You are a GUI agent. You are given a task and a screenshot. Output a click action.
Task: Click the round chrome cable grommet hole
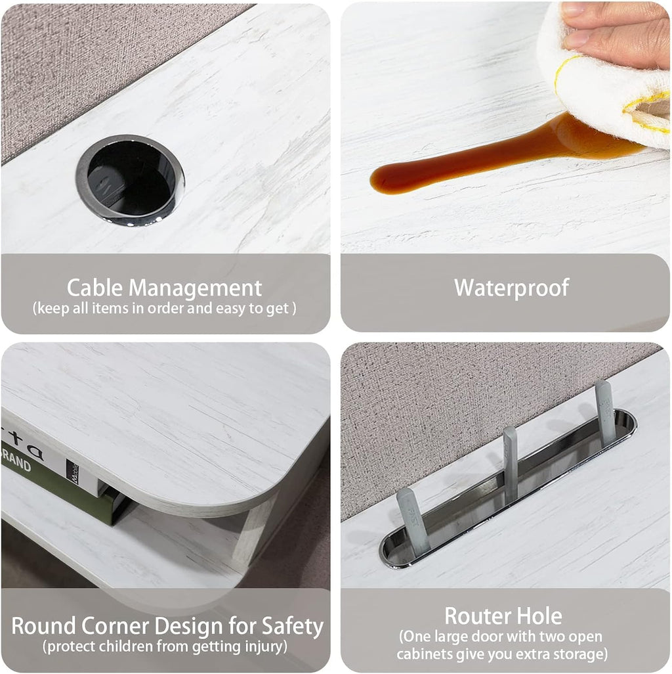pyautogui.click(x=130, y=180)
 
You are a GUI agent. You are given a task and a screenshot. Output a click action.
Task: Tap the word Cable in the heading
pyautogui.click(x=94, y=288)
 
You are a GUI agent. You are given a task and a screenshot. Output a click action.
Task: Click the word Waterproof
pyautogui.click(x=511, y=288)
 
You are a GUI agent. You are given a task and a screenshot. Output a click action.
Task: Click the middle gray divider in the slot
pyautogui.click(x=511, y=464)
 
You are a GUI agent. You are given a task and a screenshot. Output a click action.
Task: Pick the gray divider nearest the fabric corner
pyautogui.click(x=604, y=413)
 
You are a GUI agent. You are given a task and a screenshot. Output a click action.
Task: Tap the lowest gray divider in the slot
pyautogui.click(x=413, y=520)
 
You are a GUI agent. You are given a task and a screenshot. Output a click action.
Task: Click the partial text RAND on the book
pyautogui.click(x=16, y=461)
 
